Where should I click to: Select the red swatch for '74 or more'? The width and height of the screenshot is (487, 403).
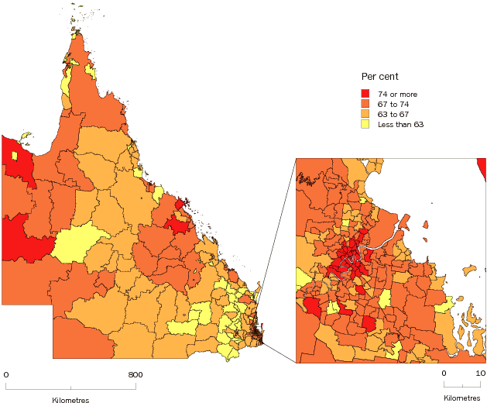coord(365,94)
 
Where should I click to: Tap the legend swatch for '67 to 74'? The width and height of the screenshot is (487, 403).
coord(365,104)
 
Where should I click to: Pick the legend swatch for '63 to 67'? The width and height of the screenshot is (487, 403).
coord(365,114)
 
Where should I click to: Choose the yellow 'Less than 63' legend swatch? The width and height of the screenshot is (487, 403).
coord(365,124)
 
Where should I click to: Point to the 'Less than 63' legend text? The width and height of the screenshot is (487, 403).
coord(400,124)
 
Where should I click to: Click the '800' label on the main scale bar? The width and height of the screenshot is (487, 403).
coord(135,375)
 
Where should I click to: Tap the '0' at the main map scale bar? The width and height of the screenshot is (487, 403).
coord(6,375)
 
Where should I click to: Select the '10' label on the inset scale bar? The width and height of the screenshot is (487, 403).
coord(480,374)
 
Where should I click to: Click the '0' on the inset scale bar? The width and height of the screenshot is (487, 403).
coord(444,374)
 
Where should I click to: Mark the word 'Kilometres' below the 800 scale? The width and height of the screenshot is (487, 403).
coord(70,400)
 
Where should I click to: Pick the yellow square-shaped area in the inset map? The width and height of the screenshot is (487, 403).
coord(385,299)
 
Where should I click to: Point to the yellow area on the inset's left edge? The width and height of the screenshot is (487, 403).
coord(302,277)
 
